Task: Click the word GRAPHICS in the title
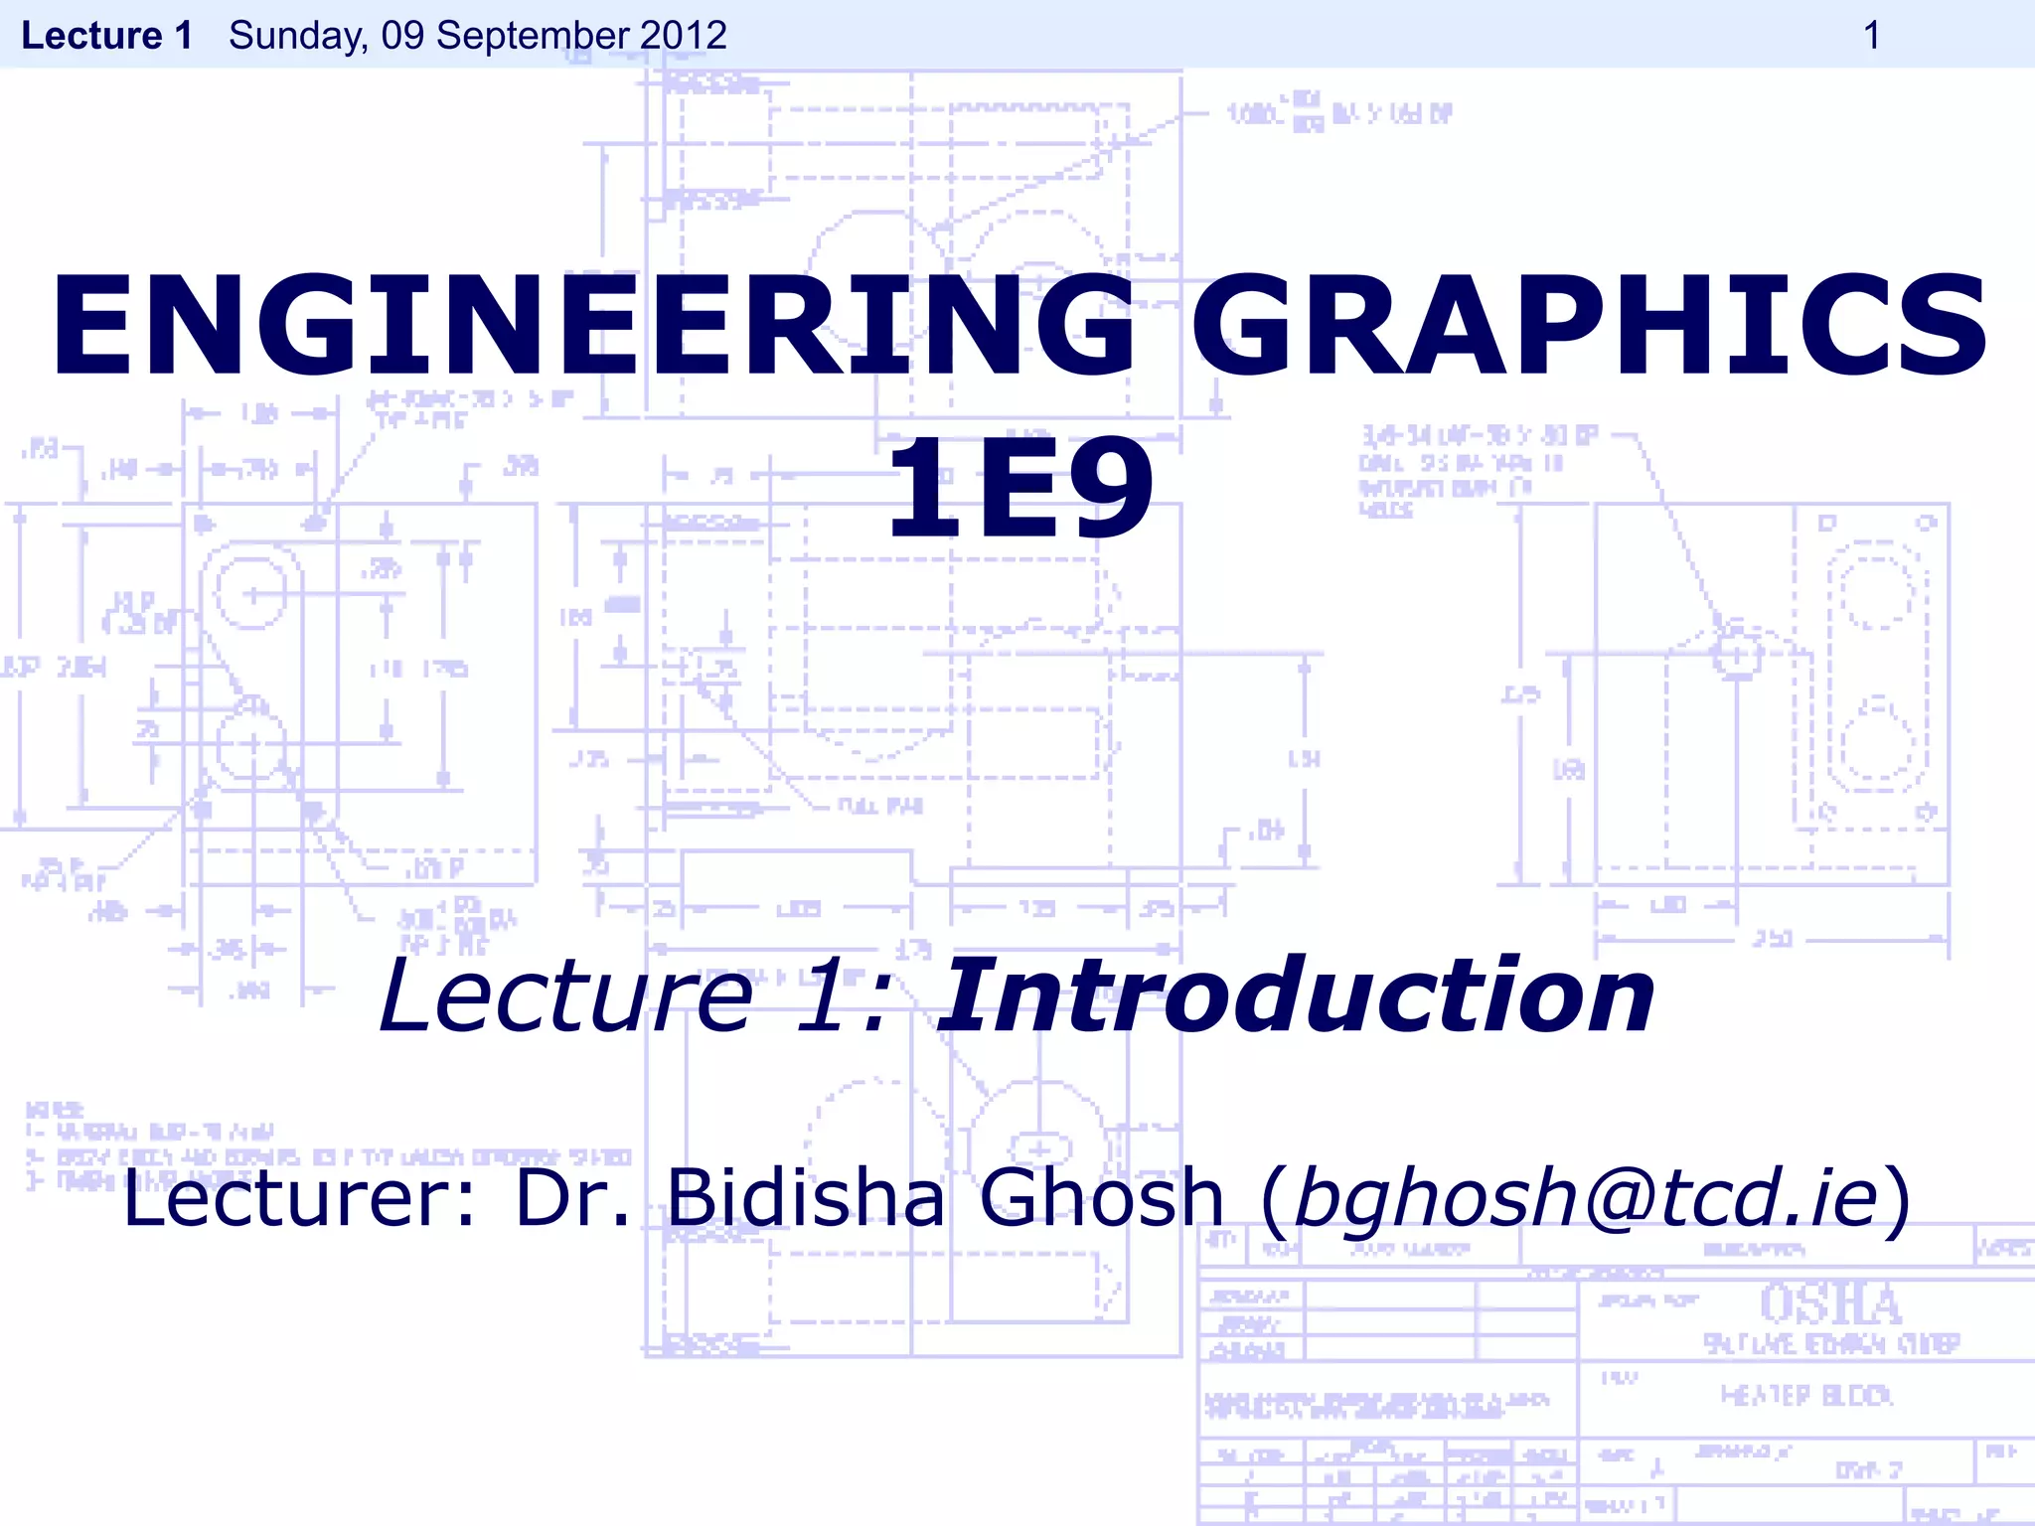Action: pyautogui.click(x=1589, y=325)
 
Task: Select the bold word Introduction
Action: pyautogui.click(x=1297, y=995)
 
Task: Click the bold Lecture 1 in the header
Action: pyautogui.click(x=107, y=36)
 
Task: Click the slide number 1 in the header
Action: pyautogui.click(x=1871, y=36)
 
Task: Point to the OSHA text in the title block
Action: pyautogui.click(x=1830, y=1303)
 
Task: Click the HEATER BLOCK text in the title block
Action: pyautogui.click(x=1806, y=1396)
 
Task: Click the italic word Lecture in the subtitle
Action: pyautogui.click(x=566, y=995)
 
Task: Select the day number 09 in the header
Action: pyautogui.click(x=402, y=36)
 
